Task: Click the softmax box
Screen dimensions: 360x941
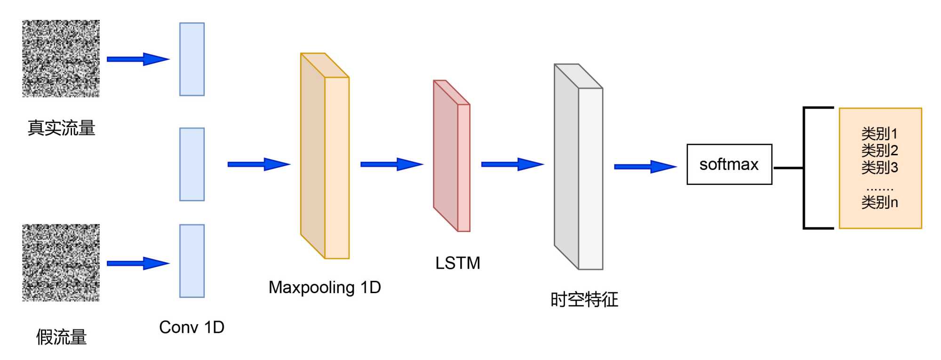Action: click(x=729, y=164)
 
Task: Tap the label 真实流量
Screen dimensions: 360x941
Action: click(x=61, y=128)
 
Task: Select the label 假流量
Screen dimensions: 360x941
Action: click(x=61, y=337)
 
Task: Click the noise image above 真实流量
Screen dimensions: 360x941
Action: click(x=61, y=58)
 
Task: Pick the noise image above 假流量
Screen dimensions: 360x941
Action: click(x=61, y=263)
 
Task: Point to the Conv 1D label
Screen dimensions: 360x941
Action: click(x=191, y=327)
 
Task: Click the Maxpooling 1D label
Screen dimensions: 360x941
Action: click(x=325, y=287)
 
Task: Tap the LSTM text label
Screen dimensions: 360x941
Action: click(x=457, y=263)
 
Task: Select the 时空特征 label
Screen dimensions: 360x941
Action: click(x=584, y=299)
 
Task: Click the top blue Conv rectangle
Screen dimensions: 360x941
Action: click(x=192, y=59)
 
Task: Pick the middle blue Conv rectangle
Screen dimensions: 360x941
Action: click(x=192, y=164)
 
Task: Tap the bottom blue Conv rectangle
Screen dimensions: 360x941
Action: click(x=192, y=261)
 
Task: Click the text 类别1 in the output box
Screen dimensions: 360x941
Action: click(x=879, y=134)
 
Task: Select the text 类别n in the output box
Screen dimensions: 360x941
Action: click(x=879, y=202)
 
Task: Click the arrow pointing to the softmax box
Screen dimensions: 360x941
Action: click(x=645, y=167)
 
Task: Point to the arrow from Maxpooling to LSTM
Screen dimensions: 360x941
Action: click(x=391, y=164)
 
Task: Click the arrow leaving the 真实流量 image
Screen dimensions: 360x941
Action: click(x=137, y=59)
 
